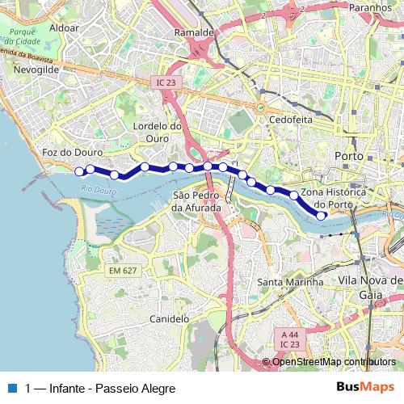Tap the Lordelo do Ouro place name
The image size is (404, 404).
tap(158, 133)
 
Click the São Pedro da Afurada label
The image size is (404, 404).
tap(196, 202)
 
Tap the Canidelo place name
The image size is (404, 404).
tap(169, 319)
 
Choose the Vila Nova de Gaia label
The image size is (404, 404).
tap(372, 286)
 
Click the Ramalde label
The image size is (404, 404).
tap(194, 33)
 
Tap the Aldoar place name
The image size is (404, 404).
tap(64, 27)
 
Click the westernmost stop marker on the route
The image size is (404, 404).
tap(79, 170)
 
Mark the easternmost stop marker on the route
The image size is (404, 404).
tap(322, 216)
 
